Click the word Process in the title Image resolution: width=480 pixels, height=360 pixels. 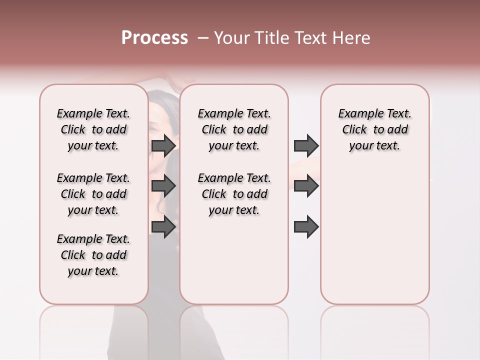click(x=154, y=38)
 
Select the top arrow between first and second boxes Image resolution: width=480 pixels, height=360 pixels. click(x=163, y=145)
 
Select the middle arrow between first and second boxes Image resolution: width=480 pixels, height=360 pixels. click(x=163, y=186)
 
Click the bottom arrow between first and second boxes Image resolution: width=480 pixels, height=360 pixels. click(x=163, y=226)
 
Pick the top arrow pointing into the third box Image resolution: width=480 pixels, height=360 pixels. click(x=306, y=145)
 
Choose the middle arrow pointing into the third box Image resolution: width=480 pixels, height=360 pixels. click(x=306, y=186)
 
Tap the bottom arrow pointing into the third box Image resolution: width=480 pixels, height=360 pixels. click(x=306, y=226)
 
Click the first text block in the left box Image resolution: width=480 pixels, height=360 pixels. click(x=93, y=129)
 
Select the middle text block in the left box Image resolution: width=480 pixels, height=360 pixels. click(x=93, y=194)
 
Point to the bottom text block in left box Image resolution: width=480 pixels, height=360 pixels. click(x=93, y=255)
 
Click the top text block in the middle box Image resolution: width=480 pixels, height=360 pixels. click(x=234, y=129)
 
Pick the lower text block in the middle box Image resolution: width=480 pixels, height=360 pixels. click(x=234, y=194)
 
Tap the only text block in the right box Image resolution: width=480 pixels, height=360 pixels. click(x=374, y=129)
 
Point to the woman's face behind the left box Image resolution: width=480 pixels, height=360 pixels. click(x=160, y=117)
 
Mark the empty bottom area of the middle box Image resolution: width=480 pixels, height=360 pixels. click(x=234, y=265)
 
